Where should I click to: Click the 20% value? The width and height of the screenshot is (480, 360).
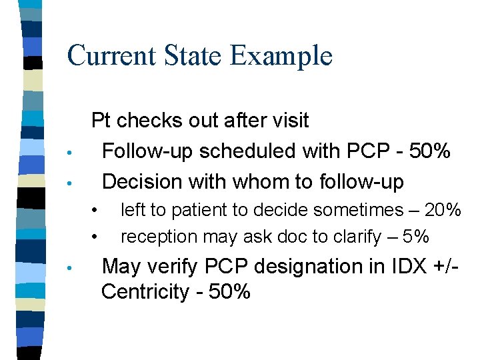443,211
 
